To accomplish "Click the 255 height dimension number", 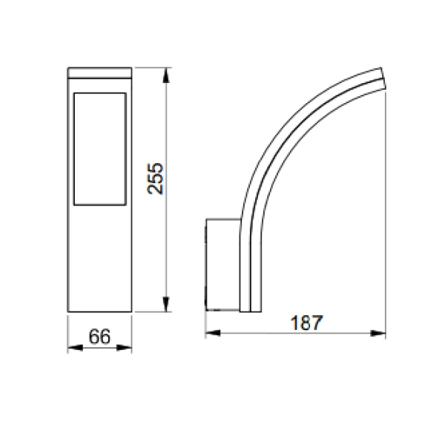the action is click(156, 179).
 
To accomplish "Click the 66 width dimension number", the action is click(99, 337).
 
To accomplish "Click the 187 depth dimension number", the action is click(306, 323).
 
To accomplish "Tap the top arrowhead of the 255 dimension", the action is click(166, 75).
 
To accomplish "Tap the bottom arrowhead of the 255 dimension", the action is click(166, 304).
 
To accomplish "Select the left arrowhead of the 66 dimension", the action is click(75, 348).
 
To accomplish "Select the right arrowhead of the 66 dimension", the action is click(125, 348).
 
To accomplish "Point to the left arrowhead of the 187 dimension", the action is click(213, 333).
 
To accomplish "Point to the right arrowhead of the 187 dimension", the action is click(378, 333).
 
